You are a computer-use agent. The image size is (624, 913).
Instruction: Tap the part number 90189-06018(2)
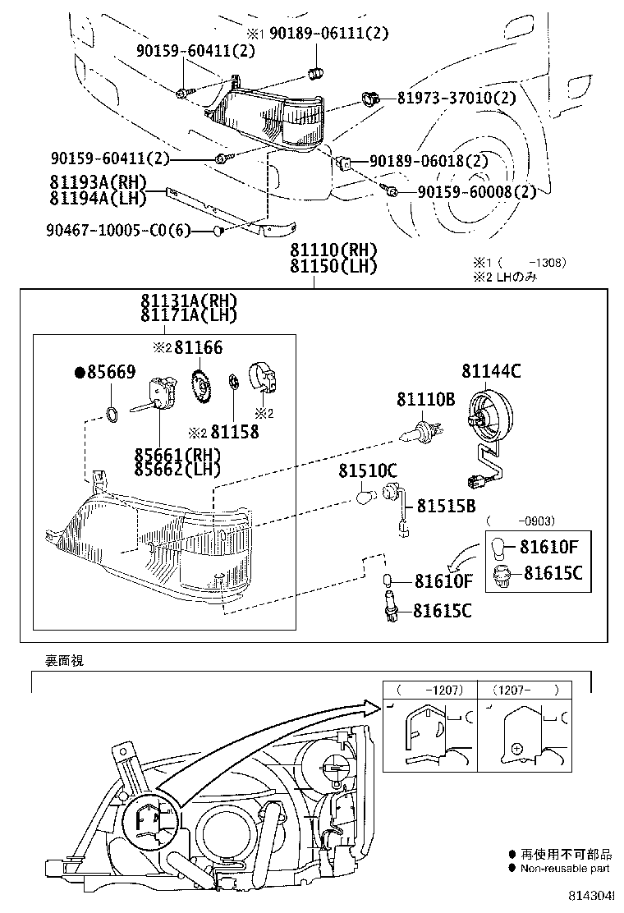[429, 162]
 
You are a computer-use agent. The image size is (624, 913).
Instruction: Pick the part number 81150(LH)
[333, 265]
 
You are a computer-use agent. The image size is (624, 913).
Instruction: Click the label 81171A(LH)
[188, 315]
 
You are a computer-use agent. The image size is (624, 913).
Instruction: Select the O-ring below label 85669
[114, 411]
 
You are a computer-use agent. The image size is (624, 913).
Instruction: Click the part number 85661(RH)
[179, 455]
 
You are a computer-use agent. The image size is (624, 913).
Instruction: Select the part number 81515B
[446, 506]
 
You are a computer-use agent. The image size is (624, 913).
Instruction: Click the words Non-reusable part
[564, 868]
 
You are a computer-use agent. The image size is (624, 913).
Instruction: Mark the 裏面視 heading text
[64, 659]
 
